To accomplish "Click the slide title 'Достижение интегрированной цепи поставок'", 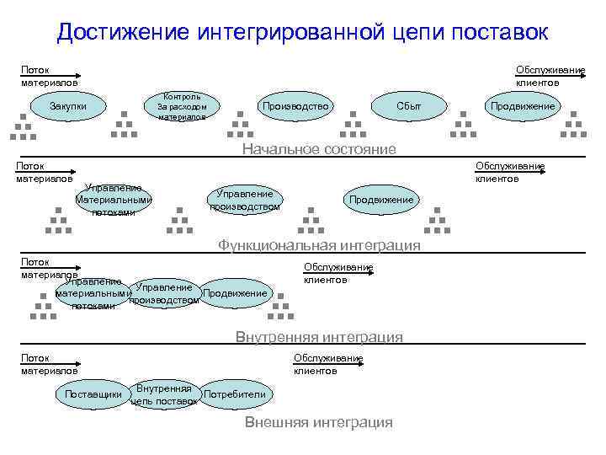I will click(303, 33).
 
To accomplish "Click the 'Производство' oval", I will click(295, 106).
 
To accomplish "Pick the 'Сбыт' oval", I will click(409, 106).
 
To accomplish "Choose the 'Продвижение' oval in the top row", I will click(523, 106).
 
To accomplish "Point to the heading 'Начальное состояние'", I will click(318, 149).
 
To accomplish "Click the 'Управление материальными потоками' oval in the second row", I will click(114, 200).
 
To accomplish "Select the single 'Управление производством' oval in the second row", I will click(245, 200).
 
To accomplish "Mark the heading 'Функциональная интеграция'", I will click(318, 245).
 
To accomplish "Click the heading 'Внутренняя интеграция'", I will click(319, 337).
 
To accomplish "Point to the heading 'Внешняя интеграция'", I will click(318, 422).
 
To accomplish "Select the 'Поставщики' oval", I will click(93, 394).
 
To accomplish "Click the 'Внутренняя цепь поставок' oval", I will click(166, 394).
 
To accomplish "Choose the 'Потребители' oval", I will click(235, 394).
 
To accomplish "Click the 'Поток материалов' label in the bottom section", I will click(49, 364).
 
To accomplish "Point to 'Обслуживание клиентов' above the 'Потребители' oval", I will click(327, 364).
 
